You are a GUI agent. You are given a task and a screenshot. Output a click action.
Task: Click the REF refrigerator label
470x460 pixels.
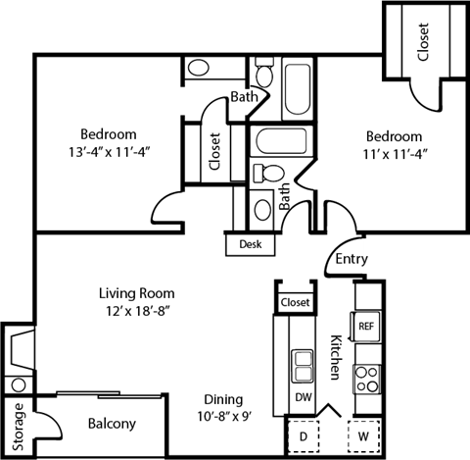[365, 326]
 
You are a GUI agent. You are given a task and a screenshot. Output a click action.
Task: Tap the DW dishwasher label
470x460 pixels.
[303, 397]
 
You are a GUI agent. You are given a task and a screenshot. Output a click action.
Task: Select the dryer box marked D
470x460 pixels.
[303, 434]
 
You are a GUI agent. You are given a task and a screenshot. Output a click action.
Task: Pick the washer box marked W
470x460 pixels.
[363, 434]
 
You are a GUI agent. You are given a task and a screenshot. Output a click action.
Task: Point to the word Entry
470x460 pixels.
[351, 260]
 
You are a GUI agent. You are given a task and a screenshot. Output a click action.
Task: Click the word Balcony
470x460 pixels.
[112, 424]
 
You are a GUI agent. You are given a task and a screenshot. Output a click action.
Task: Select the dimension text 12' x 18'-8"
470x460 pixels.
[136, 310]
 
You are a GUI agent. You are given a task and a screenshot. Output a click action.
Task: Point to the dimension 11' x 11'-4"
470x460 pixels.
[395, 153]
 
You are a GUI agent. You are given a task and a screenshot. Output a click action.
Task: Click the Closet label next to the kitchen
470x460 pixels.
[295, 303]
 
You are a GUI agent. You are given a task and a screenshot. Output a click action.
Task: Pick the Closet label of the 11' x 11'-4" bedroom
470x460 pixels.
[423, 42]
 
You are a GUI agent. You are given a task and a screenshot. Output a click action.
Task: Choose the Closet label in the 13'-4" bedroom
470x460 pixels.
[215, 153]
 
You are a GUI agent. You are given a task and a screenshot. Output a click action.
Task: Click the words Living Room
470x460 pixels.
[136, 292]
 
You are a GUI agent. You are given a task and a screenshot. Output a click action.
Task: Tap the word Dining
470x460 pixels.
[223, 399]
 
